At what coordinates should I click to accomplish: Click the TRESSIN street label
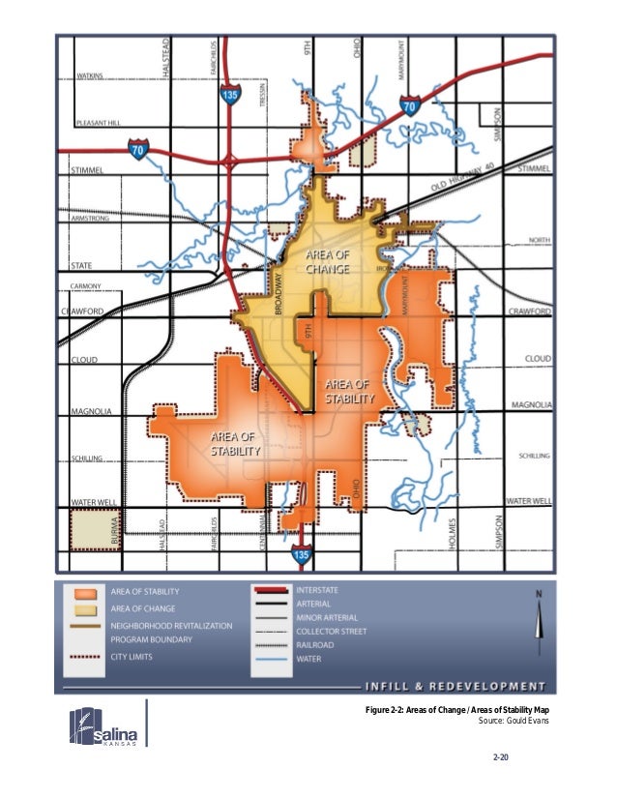(262, 94)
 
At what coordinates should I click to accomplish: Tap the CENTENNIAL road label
(262, 532)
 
